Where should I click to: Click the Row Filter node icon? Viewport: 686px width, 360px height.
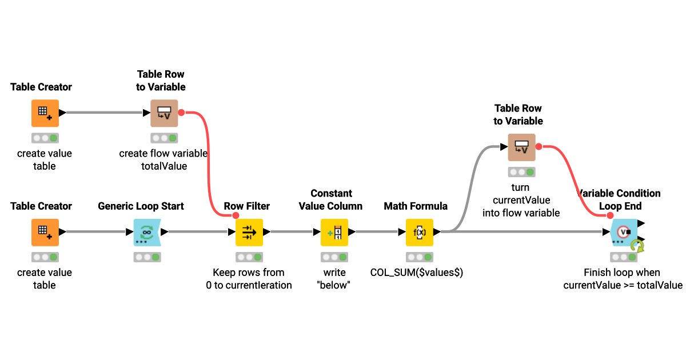(x=249, y=232)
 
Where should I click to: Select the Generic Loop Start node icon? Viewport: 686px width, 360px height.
(x=147, y=232)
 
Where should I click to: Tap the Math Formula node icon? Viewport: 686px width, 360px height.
(x=420, y=232)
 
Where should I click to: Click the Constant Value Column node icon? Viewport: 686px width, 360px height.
(x=334, y=232)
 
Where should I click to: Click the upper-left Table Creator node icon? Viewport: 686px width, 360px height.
(x=45, y=113)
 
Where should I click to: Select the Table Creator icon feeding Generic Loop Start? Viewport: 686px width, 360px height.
(x=45, y=232)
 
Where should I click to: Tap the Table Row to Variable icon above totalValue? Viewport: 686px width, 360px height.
(x=164, y=113)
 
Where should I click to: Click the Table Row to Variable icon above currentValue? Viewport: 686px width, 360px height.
(x=521, y=147)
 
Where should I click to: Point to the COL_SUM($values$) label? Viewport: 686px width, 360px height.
(x=417, y=273)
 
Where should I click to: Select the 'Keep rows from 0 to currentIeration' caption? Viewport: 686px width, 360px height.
(x=249, y=279)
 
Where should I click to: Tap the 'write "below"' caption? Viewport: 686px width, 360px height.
(x=334, y=279)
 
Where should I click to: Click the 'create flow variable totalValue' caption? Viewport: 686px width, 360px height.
(x=163, y=159)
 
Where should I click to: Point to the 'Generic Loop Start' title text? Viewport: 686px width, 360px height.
(x=141, y=206)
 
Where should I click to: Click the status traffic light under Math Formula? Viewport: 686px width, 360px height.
(x=420, y=257)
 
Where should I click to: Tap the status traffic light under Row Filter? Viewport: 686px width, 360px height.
(x=249, y=257)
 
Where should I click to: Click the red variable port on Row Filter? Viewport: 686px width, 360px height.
(x=235, y=215)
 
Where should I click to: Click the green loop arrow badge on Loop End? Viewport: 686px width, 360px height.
(x=637, y=246)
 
